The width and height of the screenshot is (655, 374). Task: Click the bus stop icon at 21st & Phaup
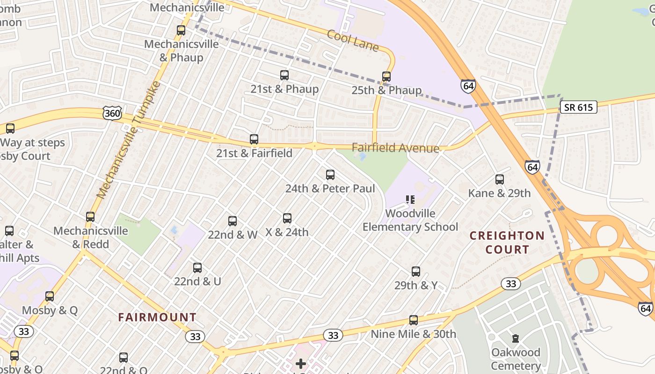click(284, 75)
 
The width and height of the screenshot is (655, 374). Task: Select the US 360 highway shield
click(112, 113)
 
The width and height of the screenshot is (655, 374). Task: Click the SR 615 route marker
click(578, 108)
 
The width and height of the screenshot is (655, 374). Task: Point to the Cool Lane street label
click(353, 41)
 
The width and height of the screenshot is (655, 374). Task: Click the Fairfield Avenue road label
click(395, 148)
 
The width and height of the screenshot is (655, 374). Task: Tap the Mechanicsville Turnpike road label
click(129, 140)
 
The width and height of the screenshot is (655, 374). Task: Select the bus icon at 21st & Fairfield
click(254, 139)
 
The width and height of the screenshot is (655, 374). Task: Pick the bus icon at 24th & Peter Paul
click(330, 175)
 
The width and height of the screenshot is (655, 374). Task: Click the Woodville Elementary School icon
click(410, 200)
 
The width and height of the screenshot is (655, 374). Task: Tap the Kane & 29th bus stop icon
click(500, 180)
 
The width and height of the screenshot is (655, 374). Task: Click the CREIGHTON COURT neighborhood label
click(507, 242)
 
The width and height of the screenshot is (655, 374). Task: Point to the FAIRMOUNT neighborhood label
click(157, 317)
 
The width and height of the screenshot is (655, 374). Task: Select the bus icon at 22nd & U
click(197, 268)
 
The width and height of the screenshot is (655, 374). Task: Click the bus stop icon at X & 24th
click(287, 218)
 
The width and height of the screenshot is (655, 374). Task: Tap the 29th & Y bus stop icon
click(416, 272)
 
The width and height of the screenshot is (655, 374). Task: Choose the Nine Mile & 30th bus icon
click(414, 320)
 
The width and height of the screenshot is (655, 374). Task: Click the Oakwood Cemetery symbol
click(516, 338)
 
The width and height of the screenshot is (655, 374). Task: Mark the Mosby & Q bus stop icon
click(50, 296)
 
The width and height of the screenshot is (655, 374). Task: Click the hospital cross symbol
click(301, 363)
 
